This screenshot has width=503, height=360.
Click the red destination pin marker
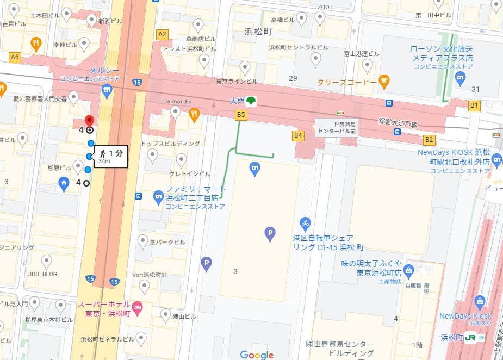89,121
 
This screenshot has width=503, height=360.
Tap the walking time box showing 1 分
111,156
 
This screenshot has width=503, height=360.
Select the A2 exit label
162,34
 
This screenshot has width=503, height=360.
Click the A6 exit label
15,57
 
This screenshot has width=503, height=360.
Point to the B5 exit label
241,114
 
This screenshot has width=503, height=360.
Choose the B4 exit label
297,135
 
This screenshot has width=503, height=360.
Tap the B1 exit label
474,105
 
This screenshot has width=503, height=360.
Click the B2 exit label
429,140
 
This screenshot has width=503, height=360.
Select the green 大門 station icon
251,101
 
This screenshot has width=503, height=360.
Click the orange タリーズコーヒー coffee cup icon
384,82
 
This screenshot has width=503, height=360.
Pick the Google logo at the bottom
256,355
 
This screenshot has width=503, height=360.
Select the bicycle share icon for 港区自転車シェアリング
305,222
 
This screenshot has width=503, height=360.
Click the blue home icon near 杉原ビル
64,183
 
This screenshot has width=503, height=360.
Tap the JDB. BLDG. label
43,274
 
